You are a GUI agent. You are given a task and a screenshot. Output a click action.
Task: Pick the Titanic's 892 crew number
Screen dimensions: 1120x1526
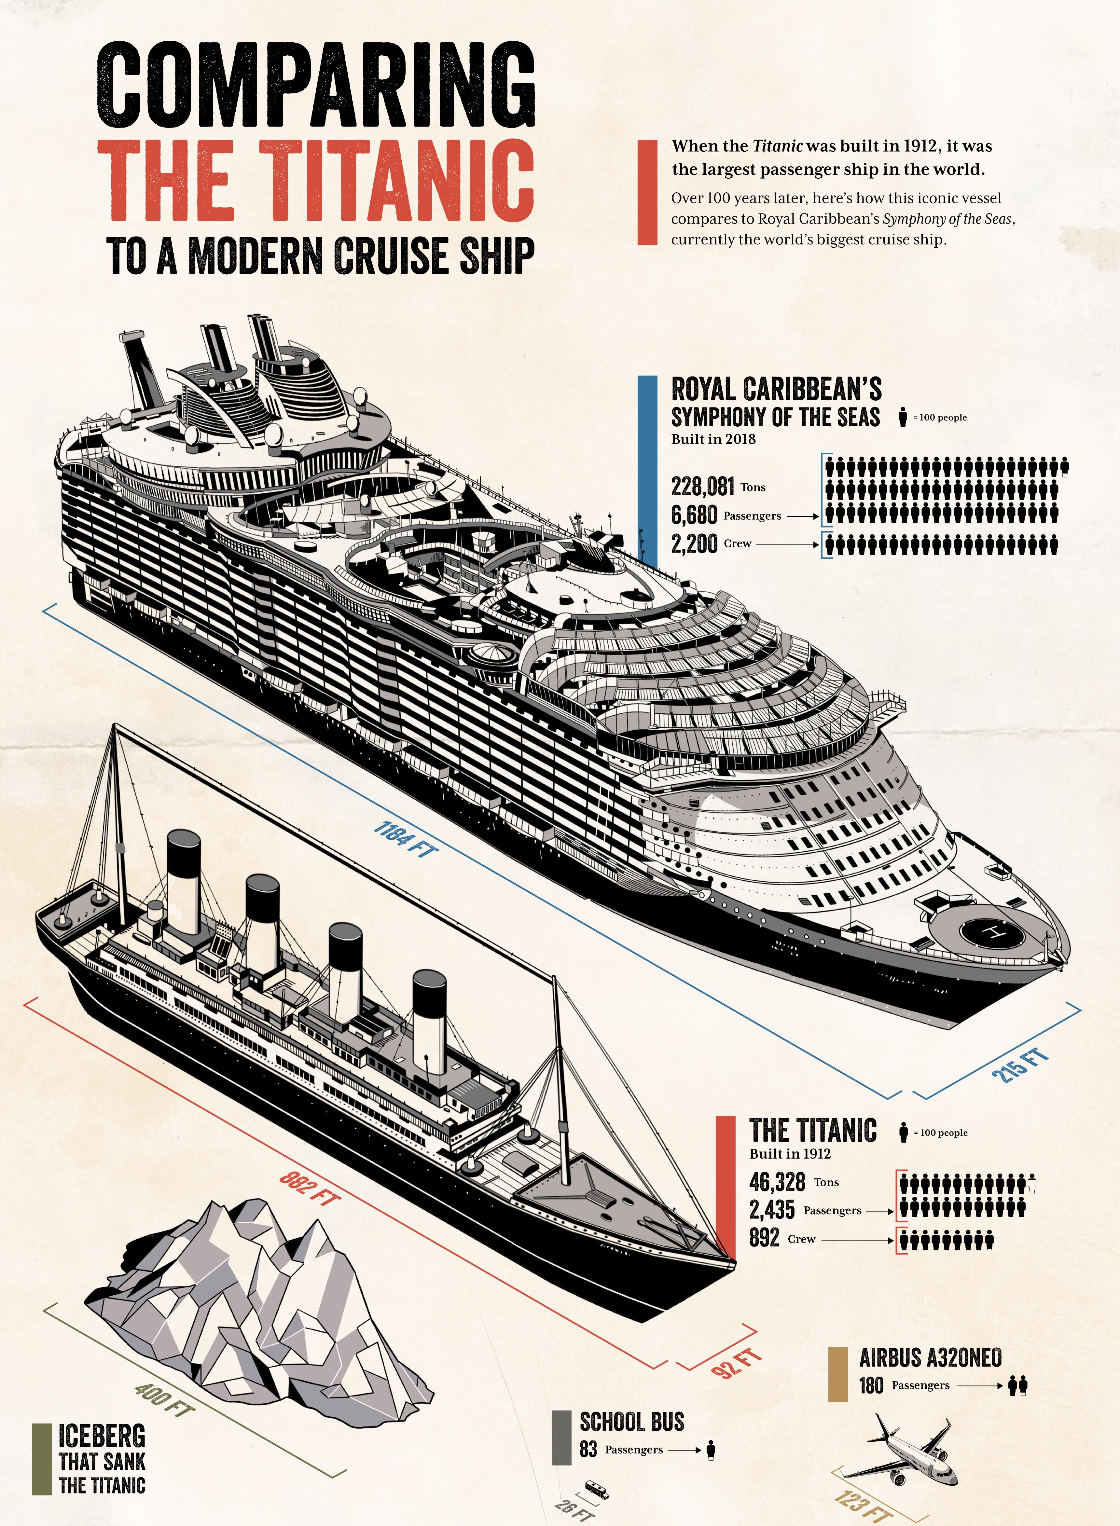pyautogui.click(x=764, y=1237)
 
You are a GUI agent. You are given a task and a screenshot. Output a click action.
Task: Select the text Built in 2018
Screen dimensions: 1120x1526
pyautogui.click(x=713, y=439)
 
